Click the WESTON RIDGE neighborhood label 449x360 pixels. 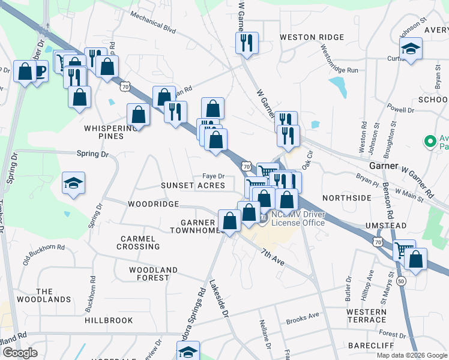(x=312, y=37)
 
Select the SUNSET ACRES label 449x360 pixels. (x=193, y=186)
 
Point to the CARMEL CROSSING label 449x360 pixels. (x=138, y=242)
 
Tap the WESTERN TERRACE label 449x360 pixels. (x=366, y=316)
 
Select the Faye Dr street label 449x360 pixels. (x=213, y=176)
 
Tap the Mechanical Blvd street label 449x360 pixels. (x=152, y=23)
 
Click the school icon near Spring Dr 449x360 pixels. (x=74, y=184)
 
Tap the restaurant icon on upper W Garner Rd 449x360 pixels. (x=247, y=43)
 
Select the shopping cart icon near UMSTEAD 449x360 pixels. (x=404, y=249)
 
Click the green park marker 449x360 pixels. (x=430, y=142)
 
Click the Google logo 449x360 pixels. (x=20, y=353)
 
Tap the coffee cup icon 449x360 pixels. (x=39, y=73)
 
